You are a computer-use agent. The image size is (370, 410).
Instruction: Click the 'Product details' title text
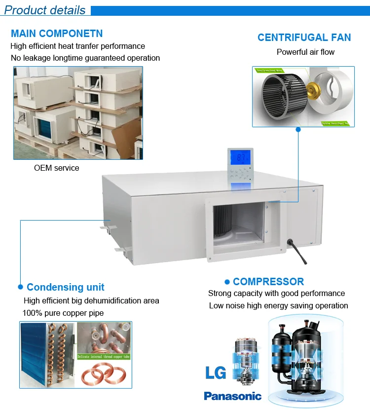coord(45,10)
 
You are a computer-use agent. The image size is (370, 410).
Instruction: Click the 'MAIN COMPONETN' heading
coord(57,34)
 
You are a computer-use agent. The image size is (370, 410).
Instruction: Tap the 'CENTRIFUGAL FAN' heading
coord(304,37)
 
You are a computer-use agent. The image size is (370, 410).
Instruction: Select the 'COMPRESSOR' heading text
coord(268,282)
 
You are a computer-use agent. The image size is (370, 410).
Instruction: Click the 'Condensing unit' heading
coord(66,287)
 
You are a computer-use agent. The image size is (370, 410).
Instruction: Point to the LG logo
coord(216,372)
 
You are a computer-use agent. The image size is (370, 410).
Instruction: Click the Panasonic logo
coord(232,396)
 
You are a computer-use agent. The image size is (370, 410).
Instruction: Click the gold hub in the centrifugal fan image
coord(311,90)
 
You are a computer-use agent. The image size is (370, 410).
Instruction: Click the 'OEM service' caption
coord(56,168)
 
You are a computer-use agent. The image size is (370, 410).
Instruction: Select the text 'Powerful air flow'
coord(305,52)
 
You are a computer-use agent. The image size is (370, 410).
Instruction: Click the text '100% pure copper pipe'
coord(63,313)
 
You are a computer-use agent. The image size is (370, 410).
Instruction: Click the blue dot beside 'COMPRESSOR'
coord(227,282)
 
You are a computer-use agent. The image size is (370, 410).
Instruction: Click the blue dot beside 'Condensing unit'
coord(20,287)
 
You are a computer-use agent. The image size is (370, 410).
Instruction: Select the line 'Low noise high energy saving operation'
coord(278,305)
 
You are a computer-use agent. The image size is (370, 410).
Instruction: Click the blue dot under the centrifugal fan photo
coord(297,130)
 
